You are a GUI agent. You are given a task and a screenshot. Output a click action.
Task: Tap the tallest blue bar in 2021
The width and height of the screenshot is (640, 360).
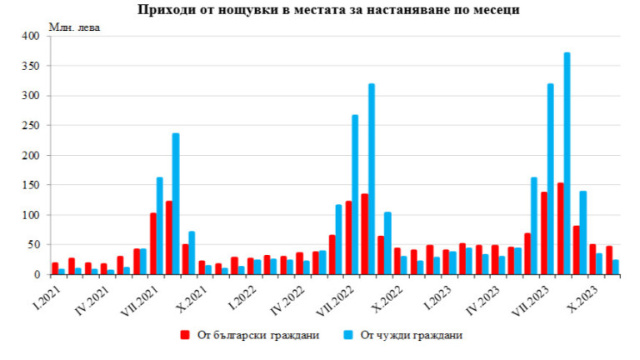pos(176,203)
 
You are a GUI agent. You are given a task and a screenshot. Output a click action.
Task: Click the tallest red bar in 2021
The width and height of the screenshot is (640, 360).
pos(169,237)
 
